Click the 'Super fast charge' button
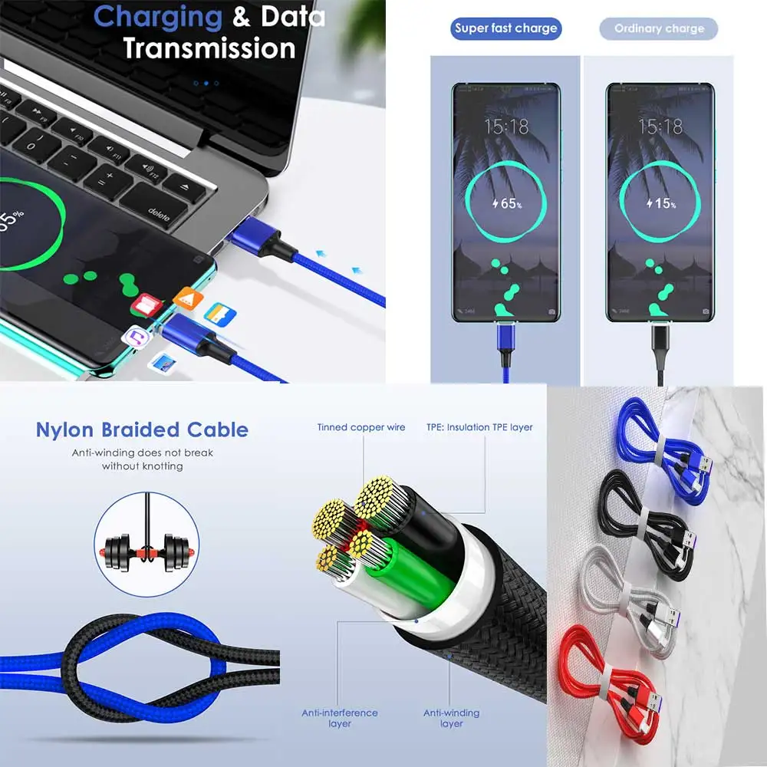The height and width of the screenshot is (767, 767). (x=505, y=29)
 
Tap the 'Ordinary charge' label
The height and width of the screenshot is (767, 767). (x=659, y=29)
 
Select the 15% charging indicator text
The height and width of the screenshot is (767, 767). (x=660, y=204)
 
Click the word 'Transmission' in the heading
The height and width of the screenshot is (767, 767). (x=209, y=48)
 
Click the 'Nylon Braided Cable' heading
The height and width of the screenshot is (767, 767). (x=142, y=430)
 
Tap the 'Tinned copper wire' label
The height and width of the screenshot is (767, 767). (x=361, y=427)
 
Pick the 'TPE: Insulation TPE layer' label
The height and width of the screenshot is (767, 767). (x=479, y=427)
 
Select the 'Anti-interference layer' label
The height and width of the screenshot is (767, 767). (x=339, y=718)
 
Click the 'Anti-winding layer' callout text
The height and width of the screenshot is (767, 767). (x=452, y=718)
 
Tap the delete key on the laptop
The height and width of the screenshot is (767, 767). (x=159, y=214)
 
